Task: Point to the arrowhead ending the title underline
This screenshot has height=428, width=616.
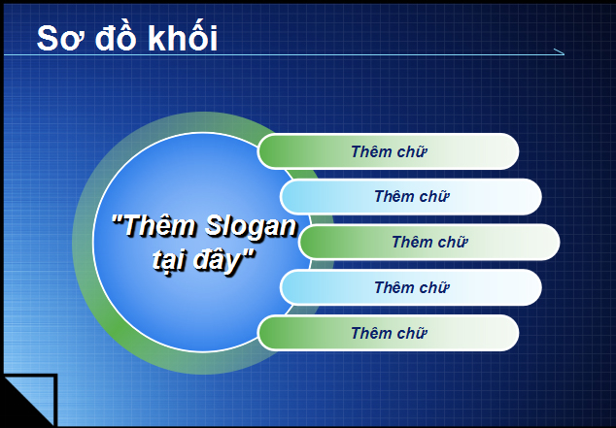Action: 557,51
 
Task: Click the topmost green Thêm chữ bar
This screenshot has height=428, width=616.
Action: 388,151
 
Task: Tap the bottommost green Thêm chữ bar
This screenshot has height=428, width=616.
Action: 388,333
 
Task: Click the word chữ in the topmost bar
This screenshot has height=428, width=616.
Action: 412,151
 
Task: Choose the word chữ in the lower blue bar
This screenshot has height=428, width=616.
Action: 435,287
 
